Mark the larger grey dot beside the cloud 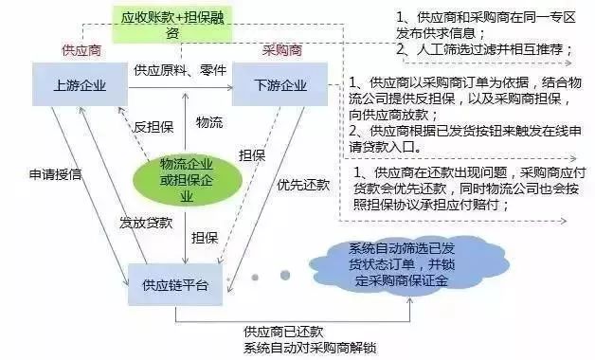(284, 276)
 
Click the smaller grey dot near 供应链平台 (256, 278)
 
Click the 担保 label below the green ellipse (205, 238)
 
